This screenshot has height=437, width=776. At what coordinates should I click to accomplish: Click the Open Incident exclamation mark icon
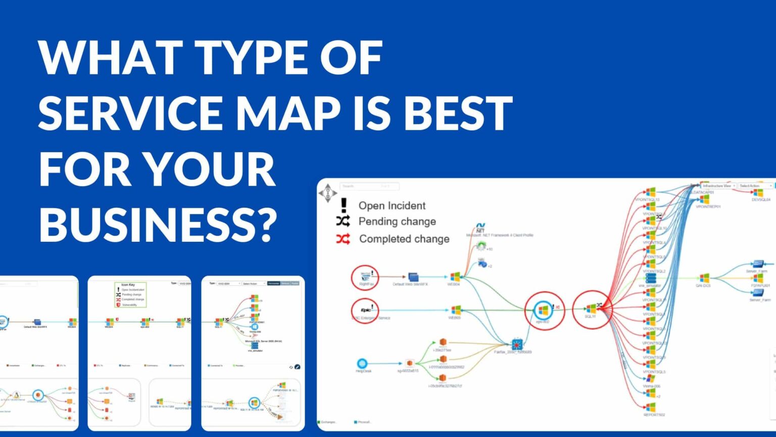coord(344,205)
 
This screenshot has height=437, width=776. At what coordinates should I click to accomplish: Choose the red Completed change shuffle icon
coord(343,239)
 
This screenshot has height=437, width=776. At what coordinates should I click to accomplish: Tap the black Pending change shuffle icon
coord(343,221)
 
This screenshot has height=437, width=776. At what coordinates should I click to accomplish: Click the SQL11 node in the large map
coord(591,309)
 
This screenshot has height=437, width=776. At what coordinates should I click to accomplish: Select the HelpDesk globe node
coord(362,363)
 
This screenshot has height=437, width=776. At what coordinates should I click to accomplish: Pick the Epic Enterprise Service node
coord(365,310)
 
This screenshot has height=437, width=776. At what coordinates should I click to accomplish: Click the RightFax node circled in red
coord(365,277)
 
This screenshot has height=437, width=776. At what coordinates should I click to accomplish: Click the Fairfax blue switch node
coord(516,344)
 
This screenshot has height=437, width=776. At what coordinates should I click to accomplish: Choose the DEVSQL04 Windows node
coord(757,193)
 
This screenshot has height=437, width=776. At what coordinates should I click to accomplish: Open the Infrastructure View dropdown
coord(717,186)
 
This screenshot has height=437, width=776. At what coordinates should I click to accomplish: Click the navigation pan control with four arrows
coord(328,193)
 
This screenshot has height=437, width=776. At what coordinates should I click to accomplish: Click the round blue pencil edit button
coord(297,367)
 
